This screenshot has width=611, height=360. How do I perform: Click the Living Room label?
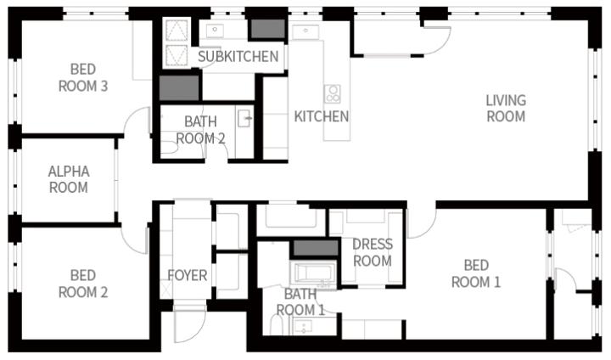click(506, 109)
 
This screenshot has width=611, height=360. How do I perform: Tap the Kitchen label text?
click(321, 116)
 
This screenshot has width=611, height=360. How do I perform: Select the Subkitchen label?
click(238, 57)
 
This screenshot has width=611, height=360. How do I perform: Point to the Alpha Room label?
click(69, 179)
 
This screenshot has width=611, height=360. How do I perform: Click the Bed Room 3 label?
click(83, 77)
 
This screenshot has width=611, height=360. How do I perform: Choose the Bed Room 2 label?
click(83, 284)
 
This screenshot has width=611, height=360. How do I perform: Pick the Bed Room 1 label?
click(476, 273)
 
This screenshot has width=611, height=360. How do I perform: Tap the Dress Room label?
click(373, 252)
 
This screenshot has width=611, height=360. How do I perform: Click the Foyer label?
click(188, 275)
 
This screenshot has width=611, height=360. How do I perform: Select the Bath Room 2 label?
click(200, 130)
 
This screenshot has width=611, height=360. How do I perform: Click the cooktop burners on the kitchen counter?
click(333, 94)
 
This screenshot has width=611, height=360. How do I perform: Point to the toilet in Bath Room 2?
click(169, 148)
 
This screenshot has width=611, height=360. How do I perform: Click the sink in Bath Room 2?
click(244, 119)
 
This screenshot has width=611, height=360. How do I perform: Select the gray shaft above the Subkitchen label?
click(267, 29)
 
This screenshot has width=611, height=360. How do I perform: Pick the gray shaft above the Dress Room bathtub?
click(315, 248)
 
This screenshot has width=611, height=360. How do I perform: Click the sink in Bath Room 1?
click(303, 326)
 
